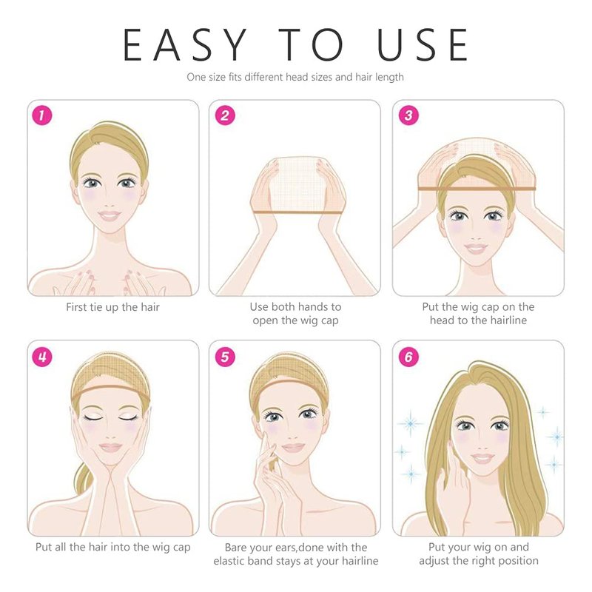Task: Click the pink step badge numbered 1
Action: point(42,115)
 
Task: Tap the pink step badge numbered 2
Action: point(225,115)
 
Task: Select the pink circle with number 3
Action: point(409,115)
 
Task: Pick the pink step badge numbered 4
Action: point(42,357)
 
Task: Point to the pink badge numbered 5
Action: point(225,357)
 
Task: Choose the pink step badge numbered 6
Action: point(409,357)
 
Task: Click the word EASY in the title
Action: point(185,44)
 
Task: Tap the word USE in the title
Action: point(423,44)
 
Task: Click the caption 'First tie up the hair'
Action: point(113,307)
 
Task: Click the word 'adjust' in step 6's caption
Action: point(434,561)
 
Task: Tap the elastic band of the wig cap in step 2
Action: point(297,212)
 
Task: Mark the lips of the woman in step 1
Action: point(109,216)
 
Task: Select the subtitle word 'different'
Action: point(264,77)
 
